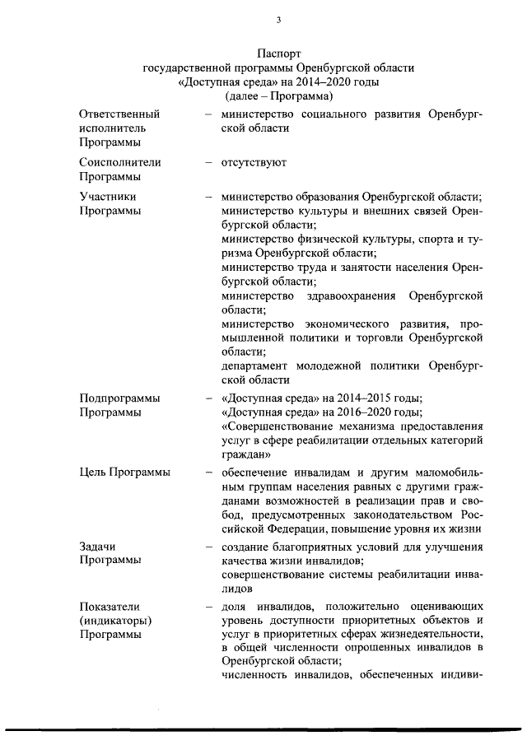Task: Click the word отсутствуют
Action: point(254,162)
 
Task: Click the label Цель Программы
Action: point(125,472)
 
